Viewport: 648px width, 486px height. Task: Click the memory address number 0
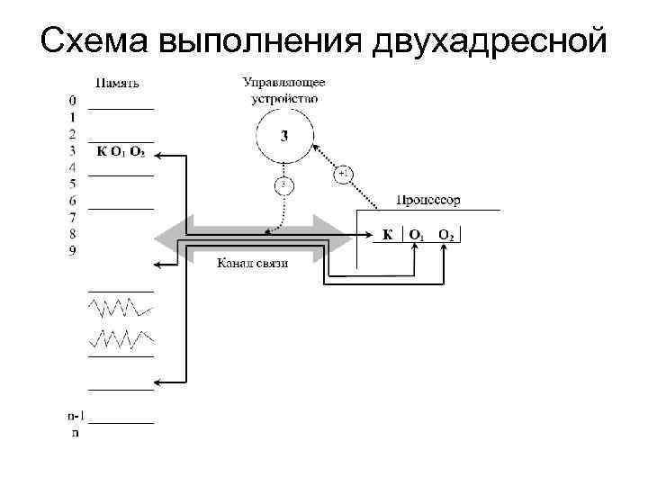click(73, 100)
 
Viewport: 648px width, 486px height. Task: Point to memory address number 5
click(73, 184)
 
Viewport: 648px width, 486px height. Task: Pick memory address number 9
click(73, 250)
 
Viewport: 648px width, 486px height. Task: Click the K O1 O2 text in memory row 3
click(121, 150)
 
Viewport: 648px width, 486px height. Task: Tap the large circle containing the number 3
click(284, 137)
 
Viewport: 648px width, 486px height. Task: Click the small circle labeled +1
click(345, 174)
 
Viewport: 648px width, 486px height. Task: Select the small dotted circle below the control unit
click(283, 185)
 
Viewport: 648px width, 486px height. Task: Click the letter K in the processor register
click(387, 236)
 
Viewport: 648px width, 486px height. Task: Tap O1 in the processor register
click(416, 236)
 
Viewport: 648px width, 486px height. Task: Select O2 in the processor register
click(446, 236)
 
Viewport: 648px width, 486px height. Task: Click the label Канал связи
click(252, 263)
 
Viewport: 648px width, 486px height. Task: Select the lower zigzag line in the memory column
click(121, 339)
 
